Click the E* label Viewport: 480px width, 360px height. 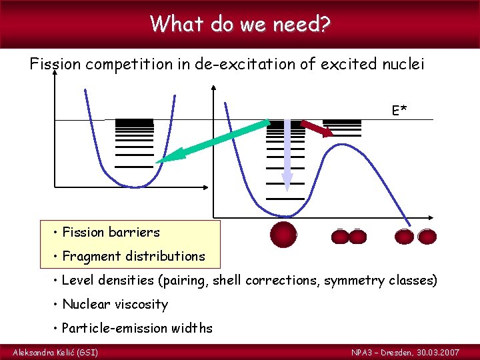[x=400, y=110]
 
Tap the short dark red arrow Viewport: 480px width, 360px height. [x=317, y=129]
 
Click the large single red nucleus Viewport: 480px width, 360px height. [x=283, y=235]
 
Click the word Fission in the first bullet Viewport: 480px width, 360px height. [x=83, y=232]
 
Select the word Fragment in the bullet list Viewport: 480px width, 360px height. [x=91, y=256]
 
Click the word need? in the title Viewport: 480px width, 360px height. [x=302, y=24]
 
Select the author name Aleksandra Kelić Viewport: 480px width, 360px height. [x=47, y=352]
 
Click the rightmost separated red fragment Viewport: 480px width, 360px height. [x=427, y=236]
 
